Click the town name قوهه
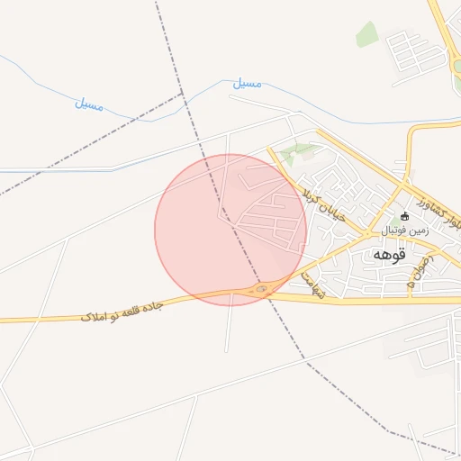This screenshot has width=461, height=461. click(389, 255)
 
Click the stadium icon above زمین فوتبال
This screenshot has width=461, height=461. click(403, 216)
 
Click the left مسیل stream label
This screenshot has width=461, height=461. click(88, 104)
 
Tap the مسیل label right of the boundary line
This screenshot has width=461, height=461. click(247, 83)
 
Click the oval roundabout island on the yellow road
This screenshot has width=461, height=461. click(261, 289)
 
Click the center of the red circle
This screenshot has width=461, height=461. click(230, 230)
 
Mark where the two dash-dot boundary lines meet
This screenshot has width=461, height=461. click(183, 94)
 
